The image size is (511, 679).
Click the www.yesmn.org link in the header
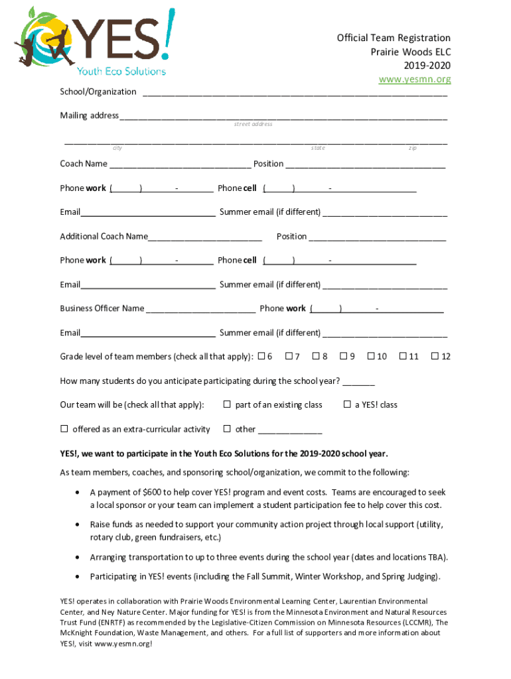[414, 80]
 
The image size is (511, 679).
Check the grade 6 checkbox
[261, 356]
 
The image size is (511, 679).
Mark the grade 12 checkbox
[435, 356]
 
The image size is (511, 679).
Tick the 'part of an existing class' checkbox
[227, 404]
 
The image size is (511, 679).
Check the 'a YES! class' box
[346, 404]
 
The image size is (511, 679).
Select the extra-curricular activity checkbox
[64, 429]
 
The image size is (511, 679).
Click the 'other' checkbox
[227, 429]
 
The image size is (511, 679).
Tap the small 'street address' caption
[253, 124]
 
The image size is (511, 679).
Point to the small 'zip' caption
[412, 148]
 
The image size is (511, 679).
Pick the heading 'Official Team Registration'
[394, 38]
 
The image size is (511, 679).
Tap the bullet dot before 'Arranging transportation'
[79, 557]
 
